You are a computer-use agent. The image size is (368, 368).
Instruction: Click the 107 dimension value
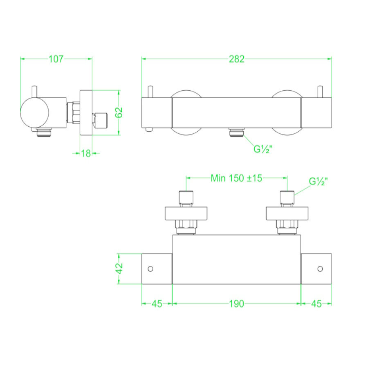click(x=56, y=59)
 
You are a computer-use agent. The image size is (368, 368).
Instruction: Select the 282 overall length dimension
click(x=236, y=59)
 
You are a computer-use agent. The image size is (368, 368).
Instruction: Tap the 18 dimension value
click(x=85, y=153)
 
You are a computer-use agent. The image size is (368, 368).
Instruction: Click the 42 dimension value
click(x=119, y=269)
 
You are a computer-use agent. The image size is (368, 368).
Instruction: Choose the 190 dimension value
click(x=236, y=303)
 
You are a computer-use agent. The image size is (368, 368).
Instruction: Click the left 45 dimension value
click(x=157, y=303)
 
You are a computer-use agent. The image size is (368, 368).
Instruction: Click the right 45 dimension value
click(x=316, y=303)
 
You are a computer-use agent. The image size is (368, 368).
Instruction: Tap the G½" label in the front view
click(x=263, y=149)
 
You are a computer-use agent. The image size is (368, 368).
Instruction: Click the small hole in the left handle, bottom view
click(x=150, y=269)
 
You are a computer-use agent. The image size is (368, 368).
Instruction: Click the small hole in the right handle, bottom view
click(x=320, y=269)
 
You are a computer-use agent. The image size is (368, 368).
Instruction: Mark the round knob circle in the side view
click(x=35, y=112)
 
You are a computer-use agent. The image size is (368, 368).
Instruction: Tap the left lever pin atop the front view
click(x=151, y=92)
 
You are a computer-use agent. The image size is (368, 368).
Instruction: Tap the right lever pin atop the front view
click(x=321, y=92)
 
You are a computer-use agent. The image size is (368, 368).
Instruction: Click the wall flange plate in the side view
click(x=86, y=112)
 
